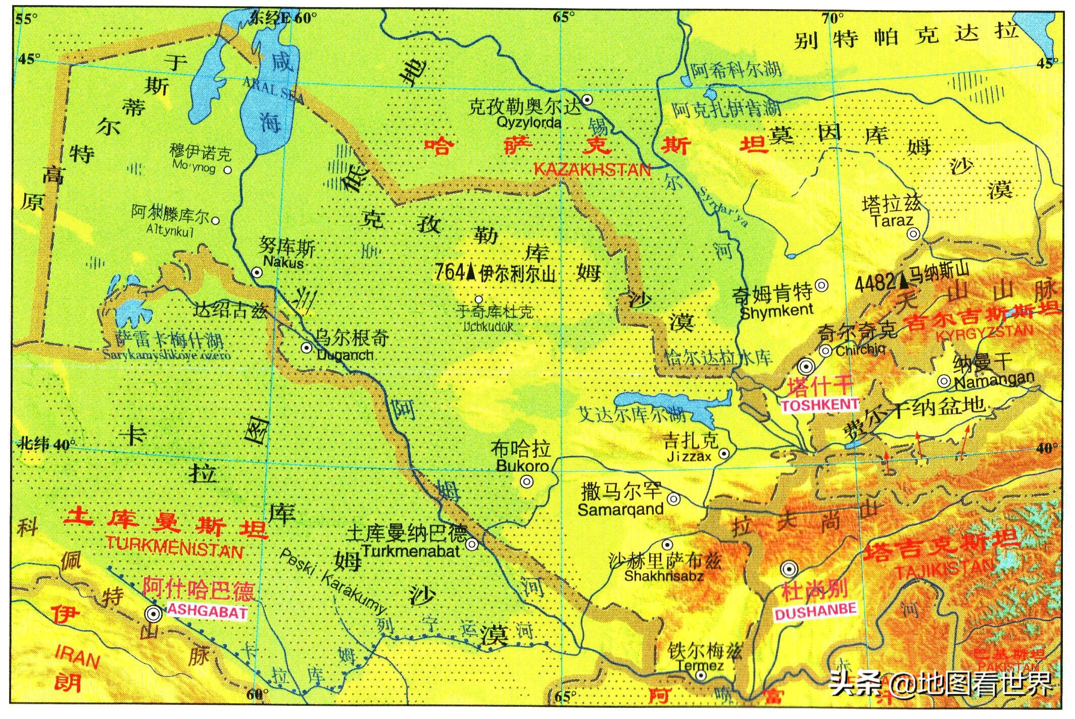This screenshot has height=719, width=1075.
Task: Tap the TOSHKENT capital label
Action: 819,404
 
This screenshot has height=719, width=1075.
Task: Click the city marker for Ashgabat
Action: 153,614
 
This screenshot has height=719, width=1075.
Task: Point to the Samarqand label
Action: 620,509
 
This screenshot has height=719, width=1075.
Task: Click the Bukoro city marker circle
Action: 526,482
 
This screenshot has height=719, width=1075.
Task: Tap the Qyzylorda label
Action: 529,122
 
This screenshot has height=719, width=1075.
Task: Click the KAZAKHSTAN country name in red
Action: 592,170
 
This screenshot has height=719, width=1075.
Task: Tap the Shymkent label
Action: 776,311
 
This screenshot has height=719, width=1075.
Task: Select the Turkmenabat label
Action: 410,550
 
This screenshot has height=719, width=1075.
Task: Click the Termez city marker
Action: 700,676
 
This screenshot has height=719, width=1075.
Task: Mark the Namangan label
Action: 994,380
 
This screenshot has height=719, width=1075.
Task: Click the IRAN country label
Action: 77,658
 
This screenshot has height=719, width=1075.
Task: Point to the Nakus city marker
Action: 257,273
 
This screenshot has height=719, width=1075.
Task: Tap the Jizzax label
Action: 689,456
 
